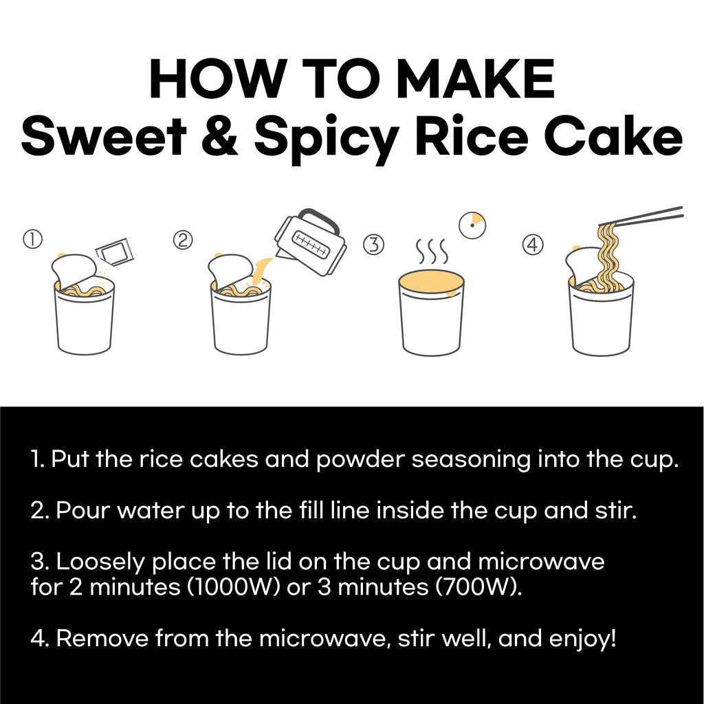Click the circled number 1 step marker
33,239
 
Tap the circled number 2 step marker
182,239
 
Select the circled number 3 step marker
373,244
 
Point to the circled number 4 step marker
532,245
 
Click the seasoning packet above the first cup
115,252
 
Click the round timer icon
472,225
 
